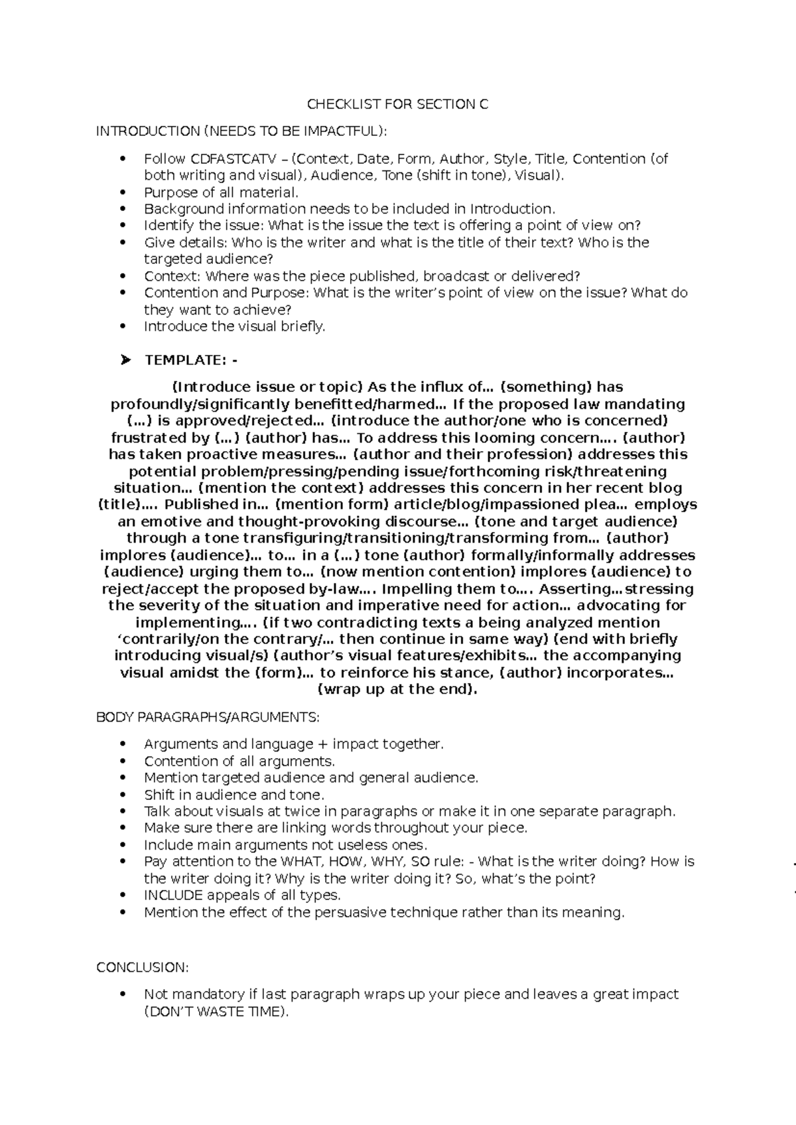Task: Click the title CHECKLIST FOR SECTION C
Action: pos(397,104)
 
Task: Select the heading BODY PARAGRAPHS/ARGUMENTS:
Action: pos(208,717)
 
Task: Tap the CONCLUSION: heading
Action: pos(143,967)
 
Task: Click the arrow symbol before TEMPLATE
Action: pos(125,360)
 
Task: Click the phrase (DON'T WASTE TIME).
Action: pos(217,1011)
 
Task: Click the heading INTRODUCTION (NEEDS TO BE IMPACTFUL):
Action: pos(240,131)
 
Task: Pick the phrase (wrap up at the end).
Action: pos(397,689)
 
